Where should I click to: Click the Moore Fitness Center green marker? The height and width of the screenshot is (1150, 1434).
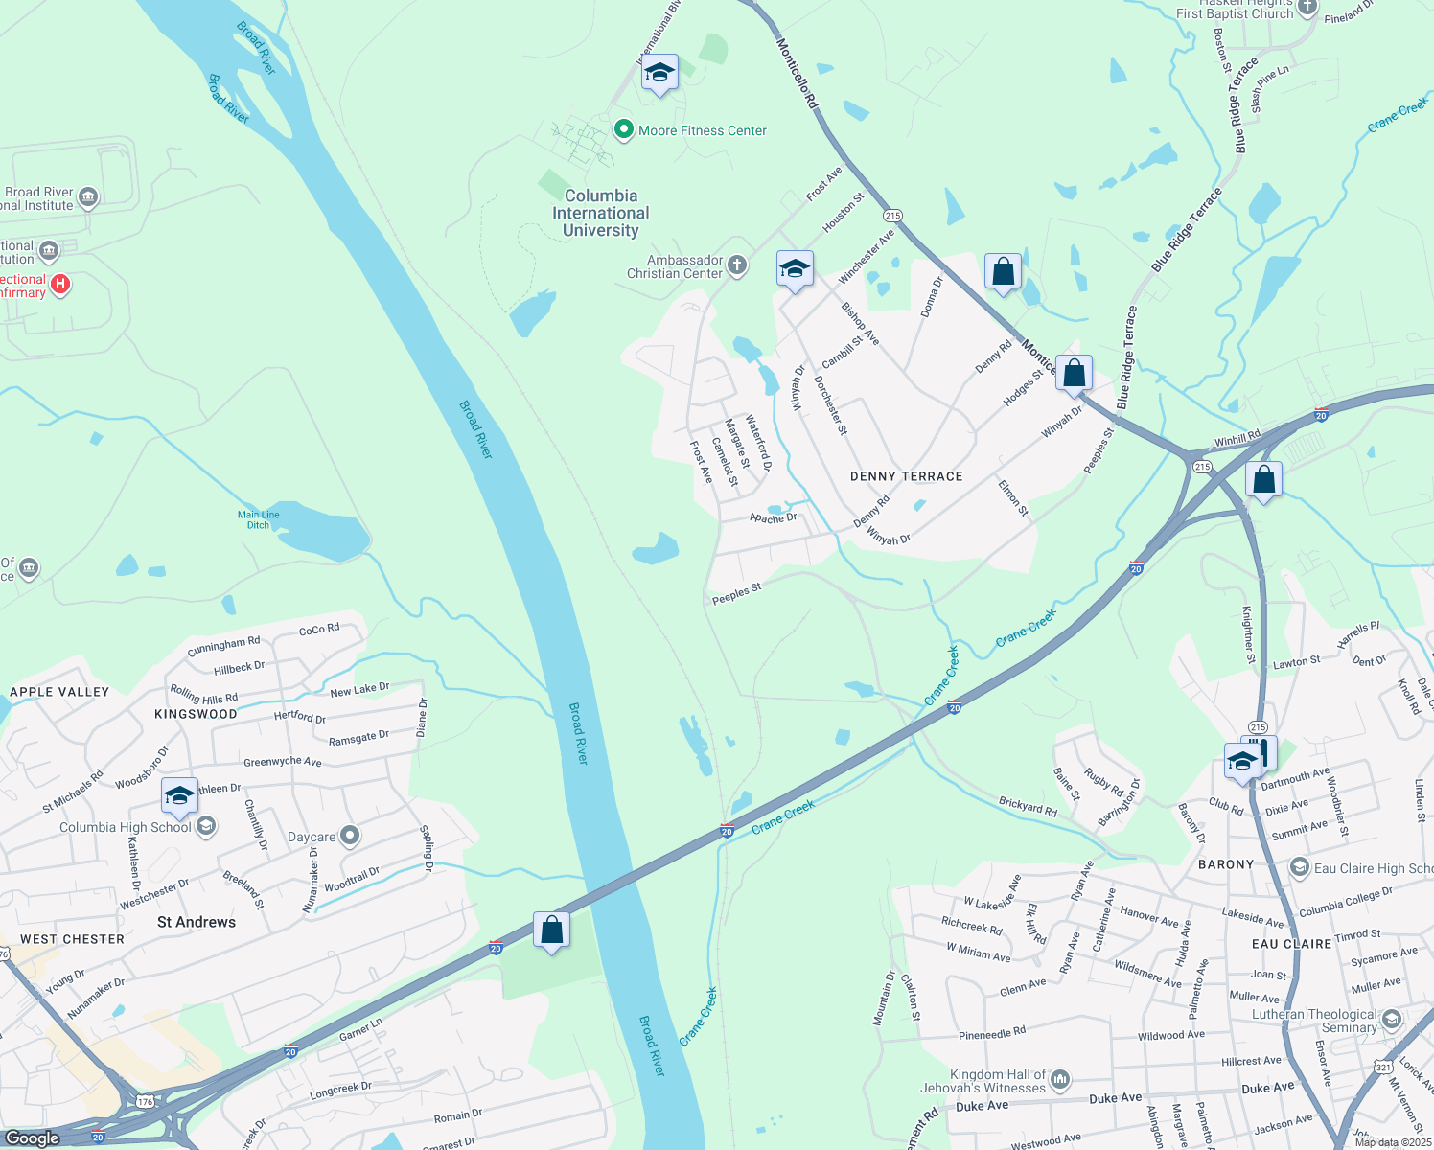point(624,129)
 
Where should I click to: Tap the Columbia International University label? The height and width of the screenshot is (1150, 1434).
point(601,213)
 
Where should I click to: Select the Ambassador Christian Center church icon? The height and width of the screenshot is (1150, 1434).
point(737,265)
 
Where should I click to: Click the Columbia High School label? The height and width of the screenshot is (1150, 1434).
point(126,827)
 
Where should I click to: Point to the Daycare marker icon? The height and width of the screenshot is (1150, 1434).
point(350,836)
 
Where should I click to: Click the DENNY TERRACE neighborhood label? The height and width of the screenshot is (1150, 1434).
point(906,476)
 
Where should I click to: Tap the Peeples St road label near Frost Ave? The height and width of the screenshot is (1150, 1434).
point(736,593)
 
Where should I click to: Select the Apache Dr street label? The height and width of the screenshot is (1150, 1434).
point(773,518)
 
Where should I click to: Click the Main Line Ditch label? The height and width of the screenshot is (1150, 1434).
point(259,519)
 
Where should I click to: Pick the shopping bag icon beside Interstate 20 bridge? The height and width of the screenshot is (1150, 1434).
point(552,930)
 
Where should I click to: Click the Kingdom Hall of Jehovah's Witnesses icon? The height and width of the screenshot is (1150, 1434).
point(1060,1081)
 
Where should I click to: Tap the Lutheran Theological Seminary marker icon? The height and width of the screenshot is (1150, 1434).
point(1392,1020)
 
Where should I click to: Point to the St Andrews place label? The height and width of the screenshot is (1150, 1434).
point(197,922)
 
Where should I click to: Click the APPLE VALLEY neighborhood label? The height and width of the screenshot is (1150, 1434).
point(59,692)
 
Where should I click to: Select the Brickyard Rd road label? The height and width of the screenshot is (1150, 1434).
point(1028,806)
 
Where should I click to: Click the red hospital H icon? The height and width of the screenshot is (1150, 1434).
point(60,284)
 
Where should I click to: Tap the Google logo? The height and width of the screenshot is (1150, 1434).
point(33,1138)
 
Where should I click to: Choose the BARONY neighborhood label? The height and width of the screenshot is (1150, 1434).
point(1226,864)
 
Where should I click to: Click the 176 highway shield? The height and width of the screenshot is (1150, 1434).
point(145,1102)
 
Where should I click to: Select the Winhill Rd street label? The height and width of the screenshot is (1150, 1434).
point(1237,439)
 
